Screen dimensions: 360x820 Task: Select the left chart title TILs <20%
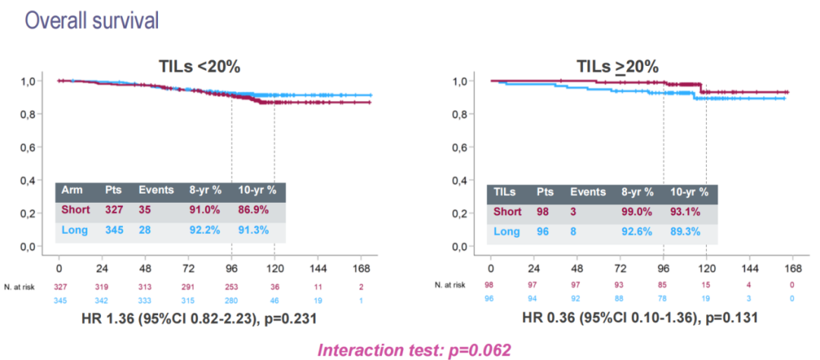pyautogui.click(x=199, y=67)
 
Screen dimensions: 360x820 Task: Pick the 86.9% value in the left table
pyautogui.click(x=253, y=210)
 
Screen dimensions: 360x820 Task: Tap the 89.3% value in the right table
pyautogui.click(x=686, y=231)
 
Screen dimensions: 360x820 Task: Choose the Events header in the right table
pyautogui.click(x=588, y=192)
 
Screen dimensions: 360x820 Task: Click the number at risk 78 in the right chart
pyautogui.click(x=663, y=298)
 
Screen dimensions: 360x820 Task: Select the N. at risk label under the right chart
pyautogui.click(x=450, y=284)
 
